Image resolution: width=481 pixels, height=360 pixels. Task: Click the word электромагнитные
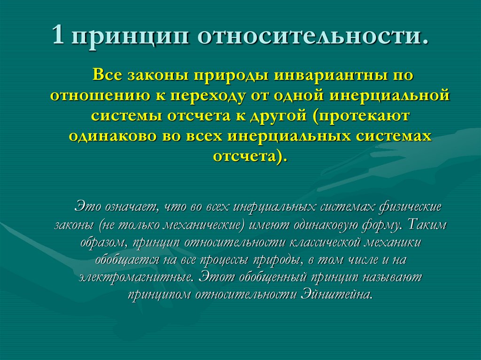(x=135, y=277)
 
